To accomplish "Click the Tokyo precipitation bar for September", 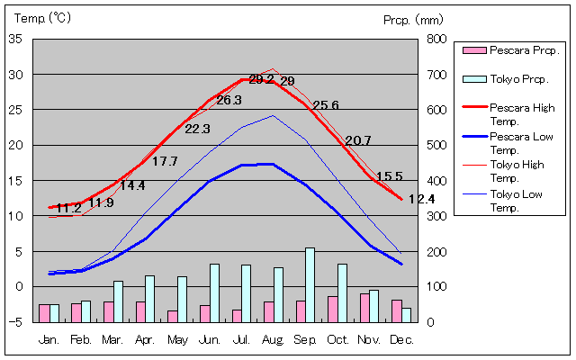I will point(310,284).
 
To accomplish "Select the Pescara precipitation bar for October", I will point(332,309).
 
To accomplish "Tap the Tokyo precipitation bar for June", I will point(214,292).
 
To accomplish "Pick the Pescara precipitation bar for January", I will point(44,312).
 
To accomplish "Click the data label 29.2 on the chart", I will point(261,79).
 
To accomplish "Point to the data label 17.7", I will point(165,162).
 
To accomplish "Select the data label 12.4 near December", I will point(421,199).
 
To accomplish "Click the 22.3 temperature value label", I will point(197,129).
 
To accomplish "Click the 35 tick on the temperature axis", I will point(16,40).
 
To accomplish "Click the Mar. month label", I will point(112,339).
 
